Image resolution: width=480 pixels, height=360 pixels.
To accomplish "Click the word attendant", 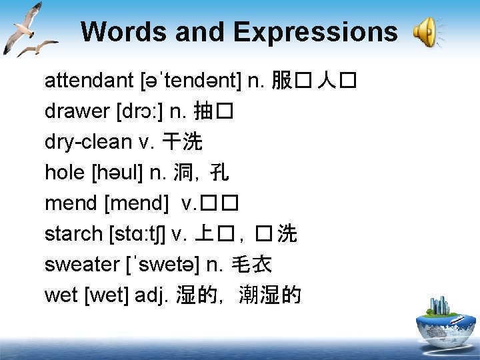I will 89,81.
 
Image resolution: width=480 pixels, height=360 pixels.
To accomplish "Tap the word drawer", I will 71,112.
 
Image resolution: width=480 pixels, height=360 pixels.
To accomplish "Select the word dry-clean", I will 88,142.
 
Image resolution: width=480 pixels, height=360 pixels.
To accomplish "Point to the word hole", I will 64,173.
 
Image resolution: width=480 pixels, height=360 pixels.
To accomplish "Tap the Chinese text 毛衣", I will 251,265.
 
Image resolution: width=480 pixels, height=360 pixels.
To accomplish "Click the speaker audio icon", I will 426,32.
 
